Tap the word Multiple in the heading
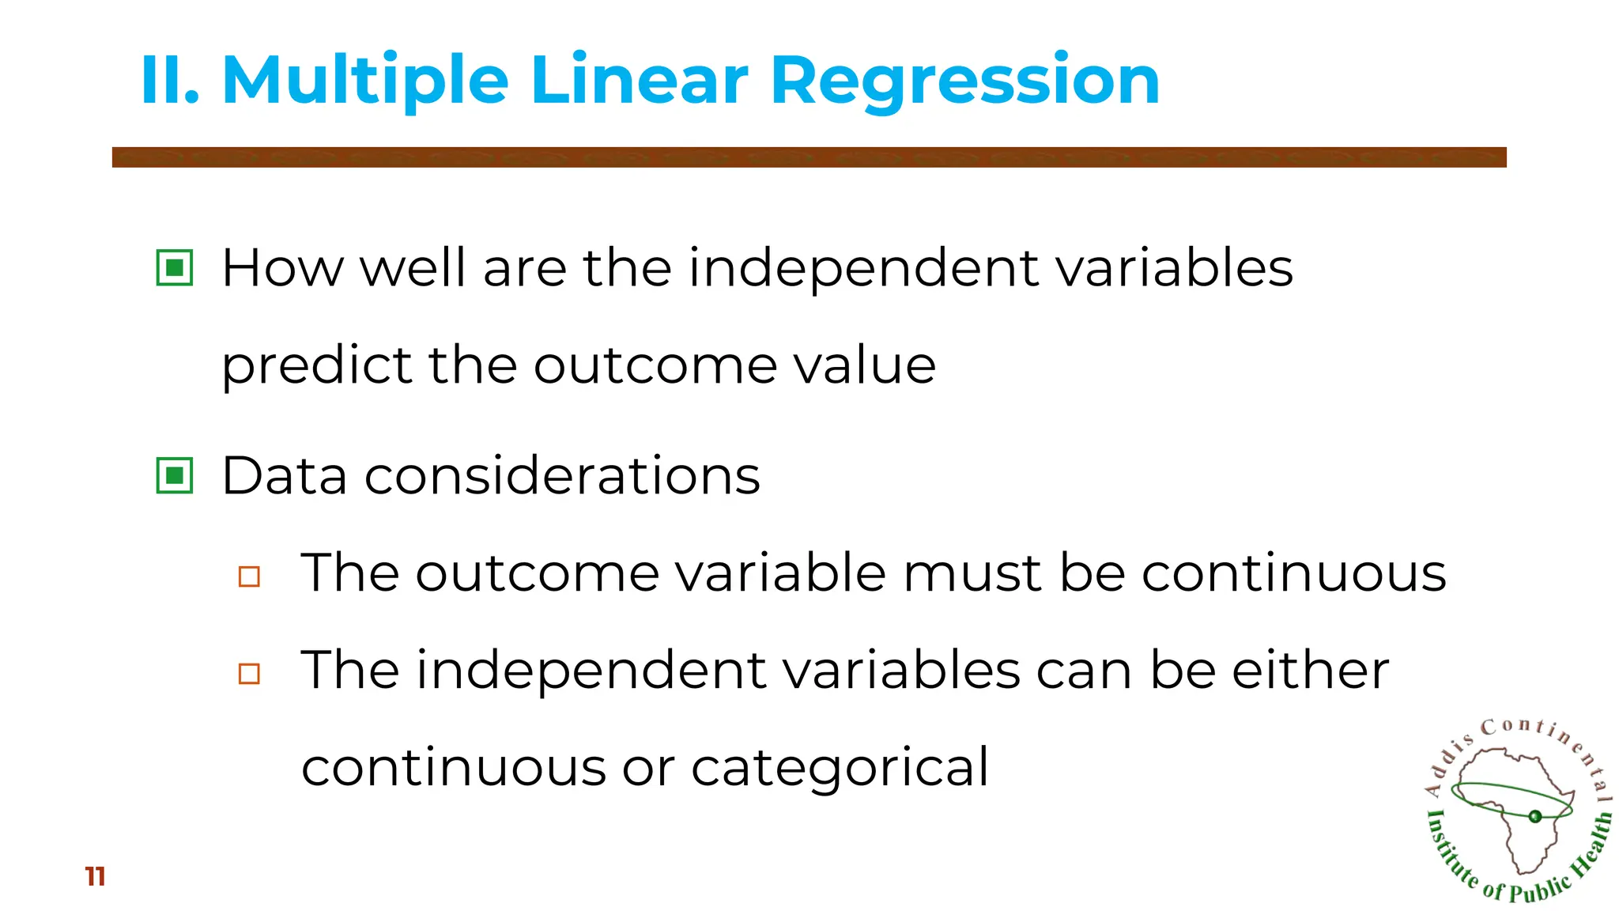[365, 81]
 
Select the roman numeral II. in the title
[169, 81]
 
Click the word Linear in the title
[639, 81]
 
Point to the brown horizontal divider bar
[809, 157]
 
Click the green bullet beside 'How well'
[175, 267]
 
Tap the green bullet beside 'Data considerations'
[175, 475]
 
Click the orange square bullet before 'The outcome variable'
[249, 576]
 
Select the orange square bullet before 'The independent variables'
[249, 674]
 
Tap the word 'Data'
[285, 476]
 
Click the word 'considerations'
[562, 476]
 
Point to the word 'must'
[972, 573]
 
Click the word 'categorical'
[840, 767]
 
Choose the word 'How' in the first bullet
[282, 268]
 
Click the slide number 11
[95, 876]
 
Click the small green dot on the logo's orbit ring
[1535, 816]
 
